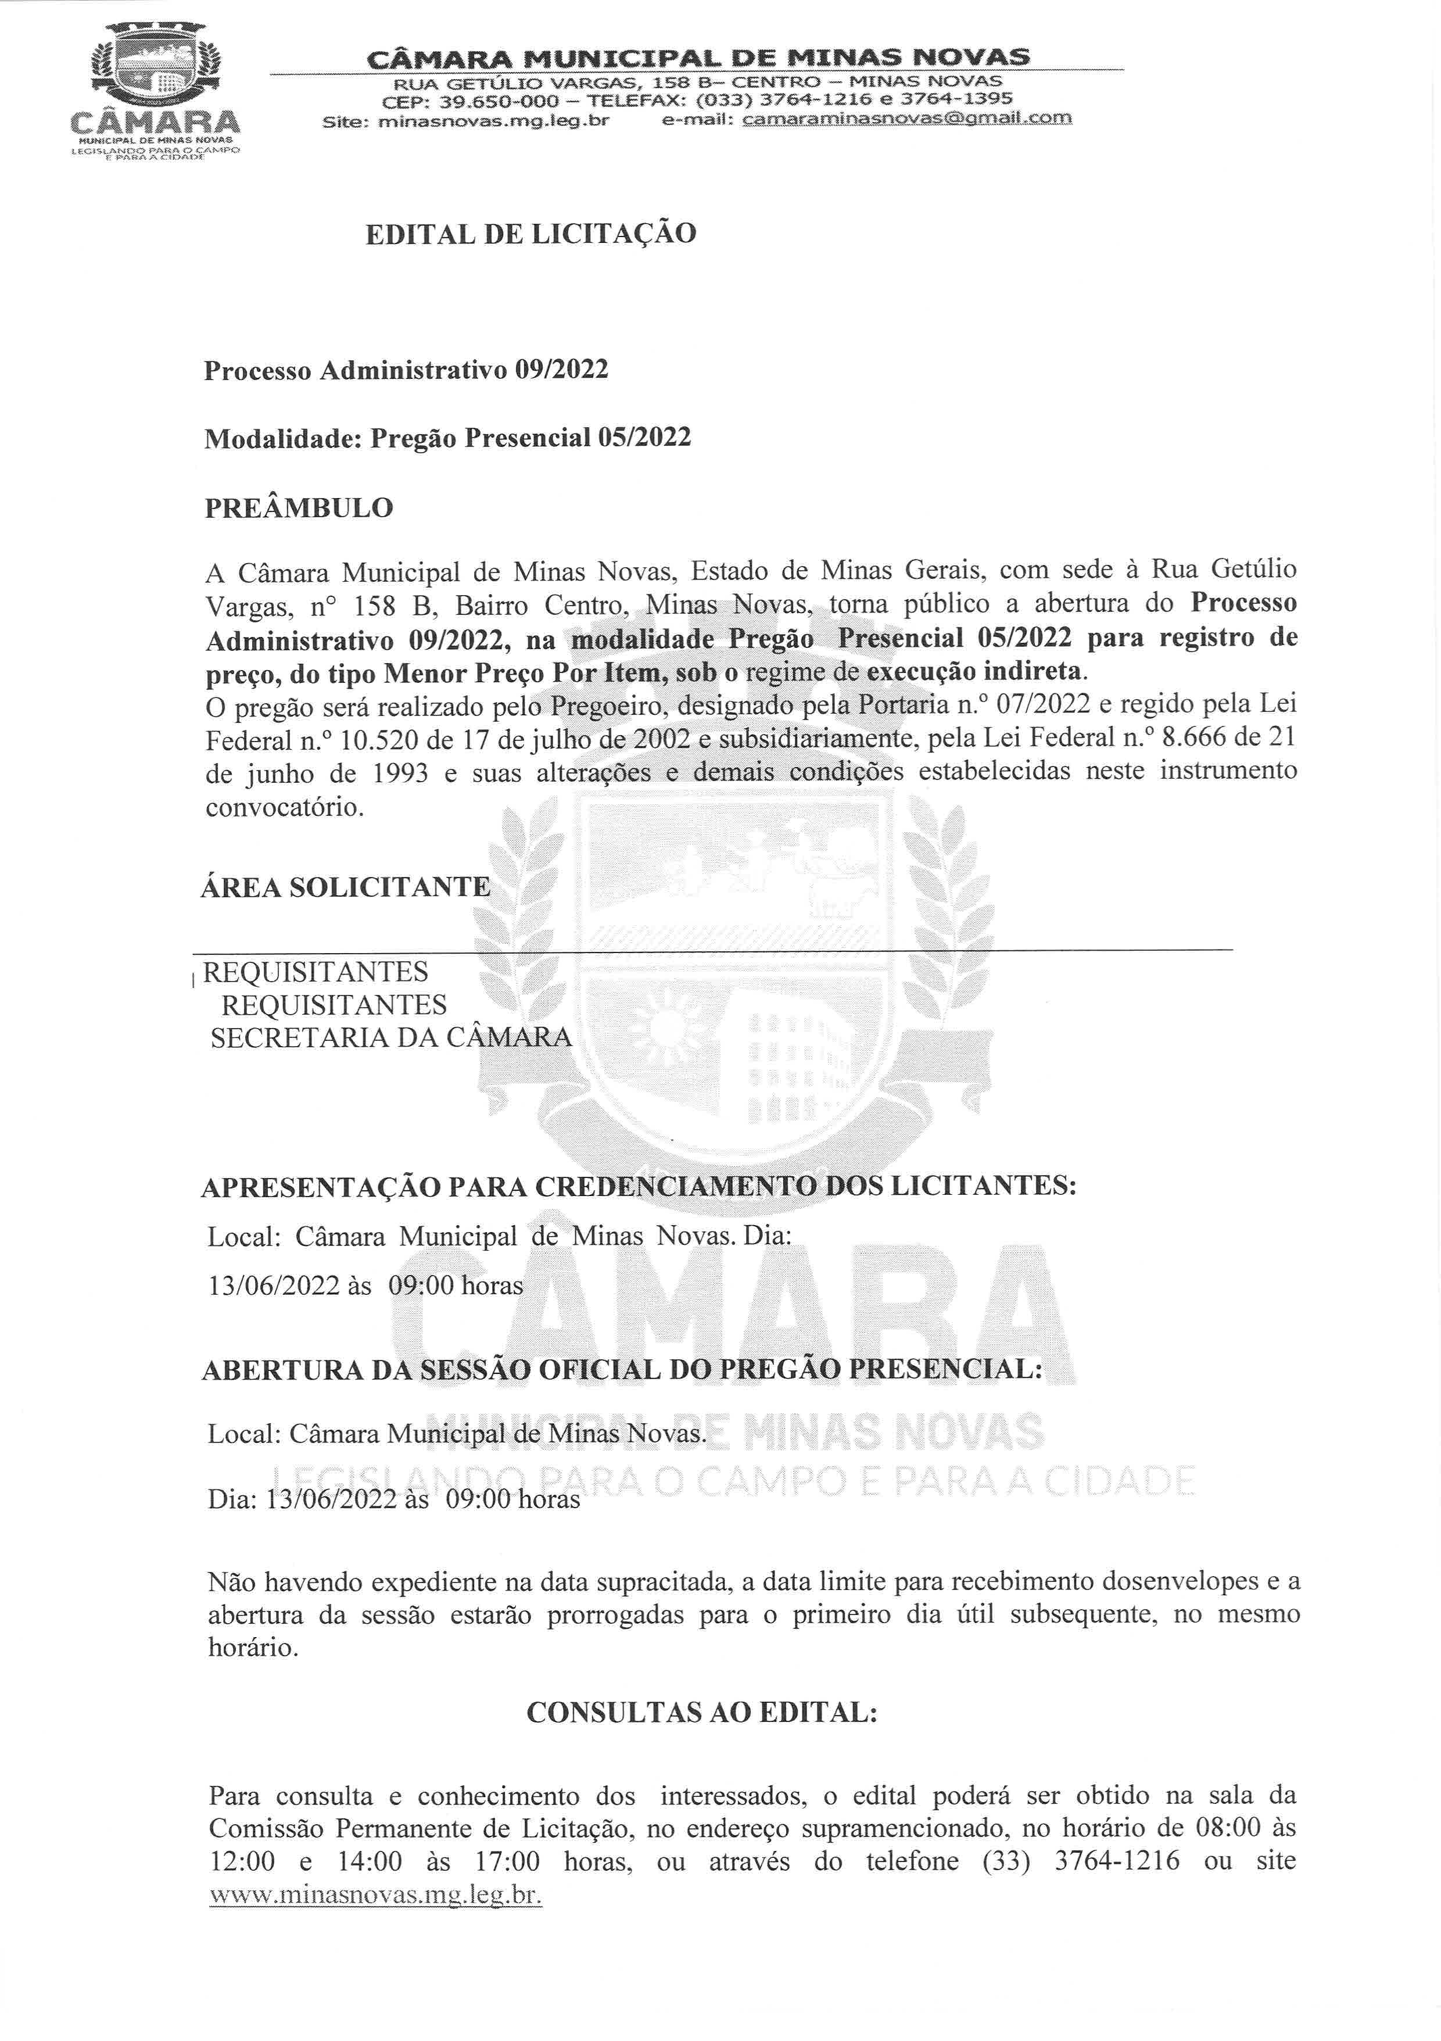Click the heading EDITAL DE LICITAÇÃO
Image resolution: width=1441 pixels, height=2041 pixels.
pyautogui.click(x=530, y=234)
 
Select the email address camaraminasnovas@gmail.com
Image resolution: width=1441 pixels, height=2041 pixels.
pyautogui.click(x=907, y=118)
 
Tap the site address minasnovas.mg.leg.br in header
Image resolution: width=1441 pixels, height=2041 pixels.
pyautogui.click(x=493, y=120)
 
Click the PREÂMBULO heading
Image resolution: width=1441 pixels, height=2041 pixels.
pyautogui.click(x=299, y=509)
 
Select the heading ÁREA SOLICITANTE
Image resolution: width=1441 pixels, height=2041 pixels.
pyautogui.click(x=346, y=886)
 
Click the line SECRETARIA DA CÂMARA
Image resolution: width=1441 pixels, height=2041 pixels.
pyautogui.click(x=391, y=1037)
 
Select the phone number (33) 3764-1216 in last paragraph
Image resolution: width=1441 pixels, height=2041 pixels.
pyautogui.click(x=1081, y=1860)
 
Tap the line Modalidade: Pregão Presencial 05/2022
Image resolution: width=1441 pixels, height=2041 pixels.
pyautogui.click(x=447, y=438)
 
